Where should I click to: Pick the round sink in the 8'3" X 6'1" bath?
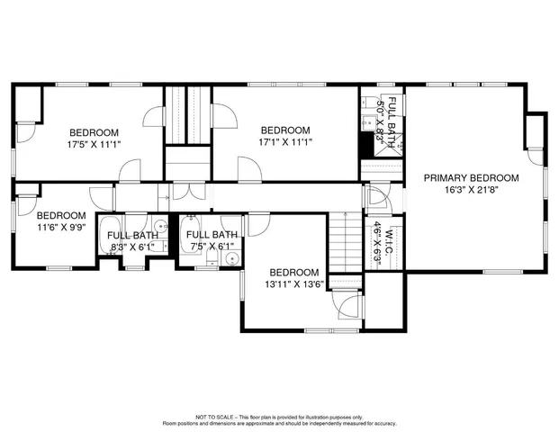pyautogui.click(x=158, y=226)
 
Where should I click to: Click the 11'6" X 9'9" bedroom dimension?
pyautogui.click(x=61, y=228)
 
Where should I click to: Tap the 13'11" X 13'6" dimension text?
pyautogui.click(x=293, y=284)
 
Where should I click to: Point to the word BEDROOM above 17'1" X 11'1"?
pyautogui.click(x=284, y=130)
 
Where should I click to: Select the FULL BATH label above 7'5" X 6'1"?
pyautogui.click(x=212, y=235)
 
